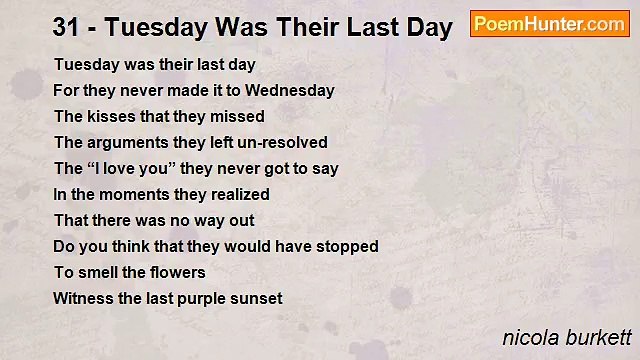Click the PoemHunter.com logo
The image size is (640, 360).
coord(549,24)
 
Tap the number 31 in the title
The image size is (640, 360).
coord(67,27)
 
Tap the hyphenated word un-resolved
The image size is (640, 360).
coord(282,143)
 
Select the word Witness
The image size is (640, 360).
coord(81,298)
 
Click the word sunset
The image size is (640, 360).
coord(256,298)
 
